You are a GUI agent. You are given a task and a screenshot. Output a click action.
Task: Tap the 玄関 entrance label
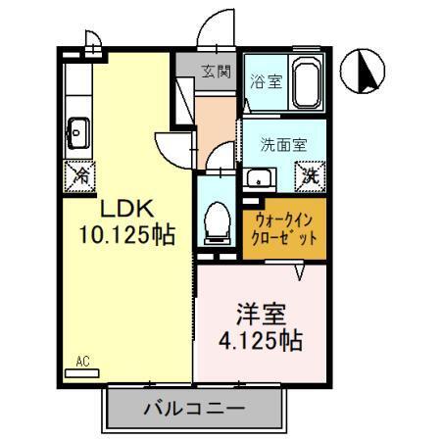click(217, 72)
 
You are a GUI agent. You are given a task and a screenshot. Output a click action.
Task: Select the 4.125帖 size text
click(261, 343)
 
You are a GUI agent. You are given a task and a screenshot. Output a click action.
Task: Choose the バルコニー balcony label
click(193, 407)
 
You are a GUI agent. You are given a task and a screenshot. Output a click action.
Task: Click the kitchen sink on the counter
click(77, 130)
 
